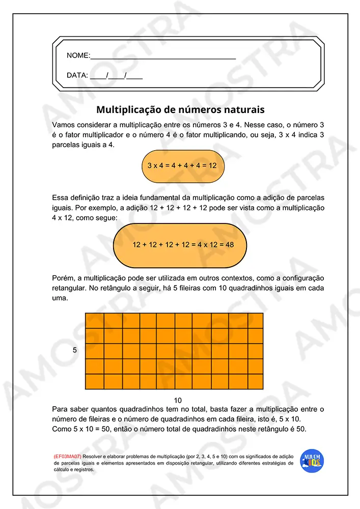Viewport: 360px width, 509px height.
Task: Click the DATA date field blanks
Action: (116, 76)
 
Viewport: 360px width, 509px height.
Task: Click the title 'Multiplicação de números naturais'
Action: (180, 109)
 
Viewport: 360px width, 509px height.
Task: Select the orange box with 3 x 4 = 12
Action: (182, 166)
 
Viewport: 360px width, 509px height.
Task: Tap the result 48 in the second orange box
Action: (229, 245)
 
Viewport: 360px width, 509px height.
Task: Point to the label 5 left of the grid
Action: (75, 350)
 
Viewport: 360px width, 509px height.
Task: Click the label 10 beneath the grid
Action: (178, 400)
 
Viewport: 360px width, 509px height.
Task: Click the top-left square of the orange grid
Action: (94, 321)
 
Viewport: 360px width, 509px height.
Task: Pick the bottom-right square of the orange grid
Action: (255, 381)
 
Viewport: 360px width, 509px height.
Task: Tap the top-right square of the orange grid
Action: (255, 321)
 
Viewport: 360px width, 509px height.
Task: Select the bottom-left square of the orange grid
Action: (94, 381)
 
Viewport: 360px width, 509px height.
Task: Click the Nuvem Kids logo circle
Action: (312, 461)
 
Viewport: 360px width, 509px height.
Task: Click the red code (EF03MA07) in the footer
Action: (67, 457)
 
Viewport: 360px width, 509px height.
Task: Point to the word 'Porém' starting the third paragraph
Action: (63, 278)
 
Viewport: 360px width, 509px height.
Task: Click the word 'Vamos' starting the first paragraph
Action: (64, 125)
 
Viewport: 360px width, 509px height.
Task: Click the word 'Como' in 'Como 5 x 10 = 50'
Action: (62, 429)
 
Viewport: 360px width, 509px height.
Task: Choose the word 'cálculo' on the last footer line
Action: (63, 470)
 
